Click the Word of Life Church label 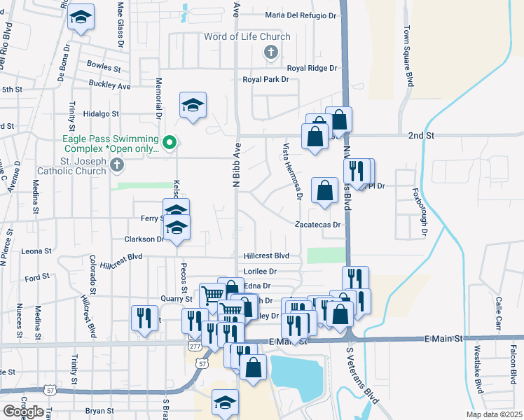[x=247, y=36]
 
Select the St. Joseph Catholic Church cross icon [x=117, y=165]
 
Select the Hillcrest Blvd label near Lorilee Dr [x=266, y=256]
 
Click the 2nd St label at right [x=422, y=134]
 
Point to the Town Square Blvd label [x=407, y=57]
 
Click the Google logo [x=22, y=411]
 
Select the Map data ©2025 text [x=494, y=414]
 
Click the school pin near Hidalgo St [x=193, y=106]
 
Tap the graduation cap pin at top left [x=81, y=18]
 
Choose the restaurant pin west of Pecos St [x=144, y=318]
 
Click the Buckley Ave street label [x=110, y=85]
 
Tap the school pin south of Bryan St [x=226, y=402]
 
